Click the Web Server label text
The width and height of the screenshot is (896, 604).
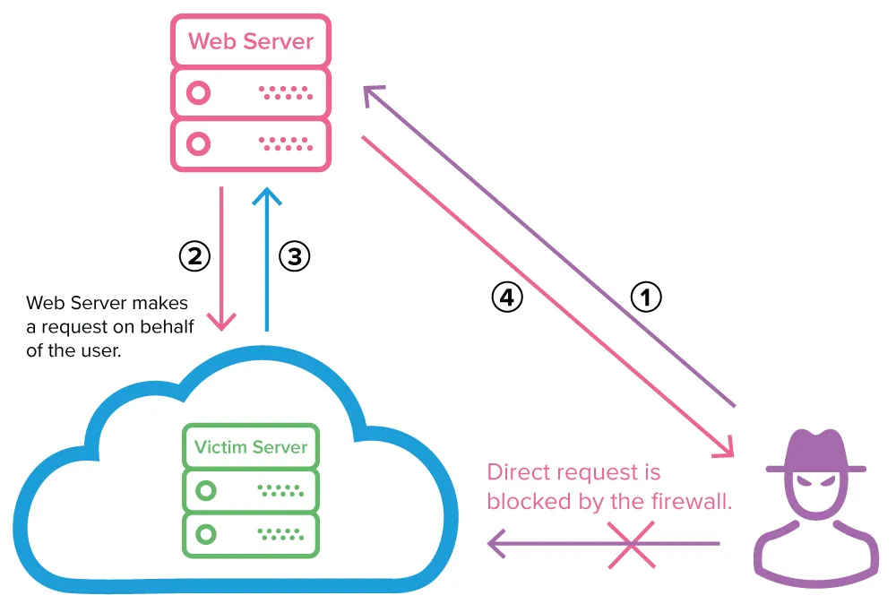pyautogui.click(x=251, y=41)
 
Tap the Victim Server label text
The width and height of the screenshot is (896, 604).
pyautogui.click(x=251, y=446)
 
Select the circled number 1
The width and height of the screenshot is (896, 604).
pyautogui.click(x=646, y=297)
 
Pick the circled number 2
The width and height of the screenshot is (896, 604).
pyautogui.click(x=194, y=256)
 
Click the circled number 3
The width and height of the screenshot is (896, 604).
pyautogui.click(x=294, y=256)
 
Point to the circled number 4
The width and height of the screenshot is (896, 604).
pyautogui.click(x=506, y=297)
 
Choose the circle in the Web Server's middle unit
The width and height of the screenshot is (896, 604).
pyautogui.click(x=199, y=92)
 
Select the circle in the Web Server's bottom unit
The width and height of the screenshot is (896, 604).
pyautogui.click(x=199, y=143)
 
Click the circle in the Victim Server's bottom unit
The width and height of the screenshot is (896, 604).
pyautogui.click(x=207, y=535)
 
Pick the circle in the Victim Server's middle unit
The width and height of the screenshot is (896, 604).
pyautogui.click(x=207, y=490)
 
